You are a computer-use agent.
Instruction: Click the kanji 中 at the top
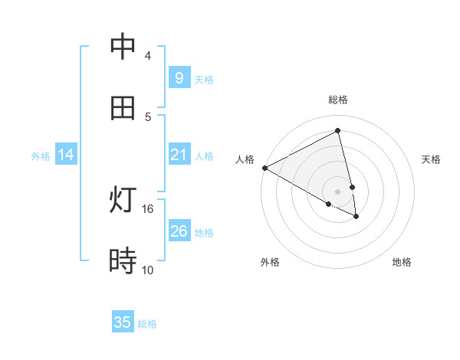coord(123,48)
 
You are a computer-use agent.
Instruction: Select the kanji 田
coord(123,108)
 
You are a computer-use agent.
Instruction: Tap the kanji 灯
coord(123,201)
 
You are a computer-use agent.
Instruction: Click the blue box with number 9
coord(179,77)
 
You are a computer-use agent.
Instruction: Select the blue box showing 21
coord(179,155)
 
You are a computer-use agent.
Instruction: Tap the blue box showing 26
coord(179,231)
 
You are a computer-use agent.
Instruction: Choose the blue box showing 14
coord(66,155)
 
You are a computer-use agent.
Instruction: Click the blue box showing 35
coord(123,322)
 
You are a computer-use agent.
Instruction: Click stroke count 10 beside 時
coord(148,270)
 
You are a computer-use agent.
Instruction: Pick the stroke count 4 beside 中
coord(148,56)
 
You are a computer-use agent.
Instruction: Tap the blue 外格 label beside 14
coord(41,156)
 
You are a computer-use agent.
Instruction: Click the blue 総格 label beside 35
coord(147,324)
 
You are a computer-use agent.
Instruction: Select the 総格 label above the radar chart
coord(338,100)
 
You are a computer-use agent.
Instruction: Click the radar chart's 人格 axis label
coord(245,159)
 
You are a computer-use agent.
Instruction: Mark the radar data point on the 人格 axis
coord(264,168)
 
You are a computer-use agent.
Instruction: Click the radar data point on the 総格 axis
coord(338,131)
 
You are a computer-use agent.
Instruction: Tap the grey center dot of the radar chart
coord(338,191)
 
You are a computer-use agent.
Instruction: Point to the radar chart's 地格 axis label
coord(402,262)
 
